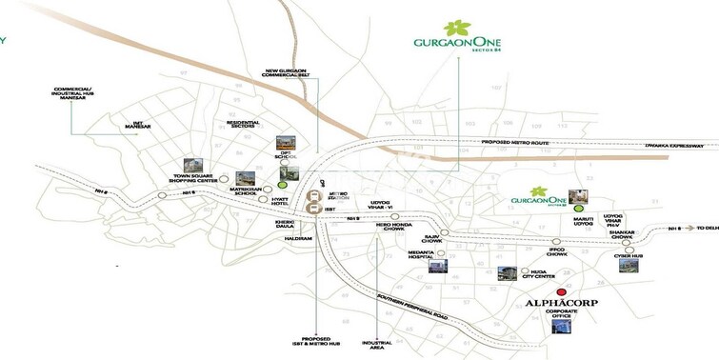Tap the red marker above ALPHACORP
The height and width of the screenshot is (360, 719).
point(562,290)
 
